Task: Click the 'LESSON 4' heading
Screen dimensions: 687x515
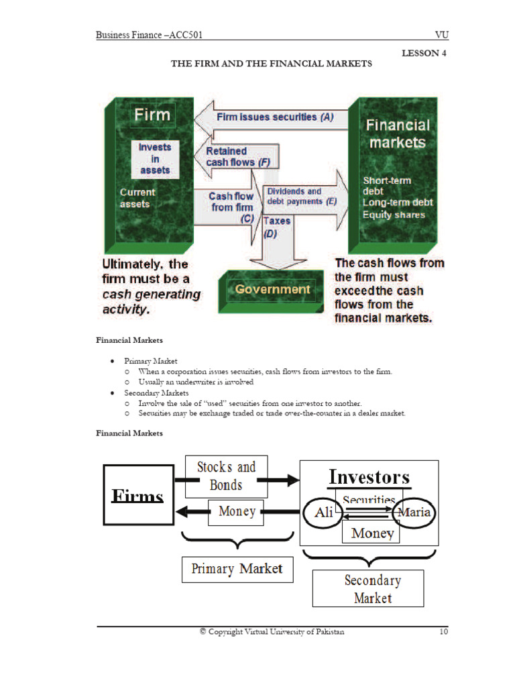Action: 424,53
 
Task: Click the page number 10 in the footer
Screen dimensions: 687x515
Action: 443,631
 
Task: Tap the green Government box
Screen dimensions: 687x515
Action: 272,289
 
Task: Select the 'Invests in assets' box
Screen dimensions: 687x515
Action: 155,159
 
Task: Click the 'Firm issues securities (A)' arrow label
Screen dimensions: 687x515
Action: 275,117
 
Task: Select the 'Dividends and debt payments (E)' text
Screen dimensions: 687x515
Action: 302,196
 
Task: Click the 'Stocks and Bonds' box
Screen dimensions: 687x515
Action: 226,476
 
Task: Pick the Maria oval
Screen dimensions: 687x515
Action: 415,513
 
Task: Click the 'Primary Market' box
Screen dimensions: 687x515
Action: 237,569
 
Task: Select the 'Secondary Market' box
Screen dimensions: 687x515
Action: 368,588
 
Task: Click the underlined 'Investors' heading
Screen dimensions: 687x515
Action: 369,477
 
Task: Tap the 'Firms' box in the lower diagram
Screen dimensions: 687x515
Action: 137,496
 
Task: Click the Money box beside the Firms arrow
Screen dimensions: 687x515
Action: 237,511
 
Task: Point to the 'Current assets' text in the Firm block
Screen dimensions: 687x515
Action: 137,198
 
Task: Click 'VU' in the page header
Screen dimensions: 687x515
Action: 441,34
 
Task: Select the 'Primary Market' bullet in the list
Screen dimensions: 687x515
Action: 150,361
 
